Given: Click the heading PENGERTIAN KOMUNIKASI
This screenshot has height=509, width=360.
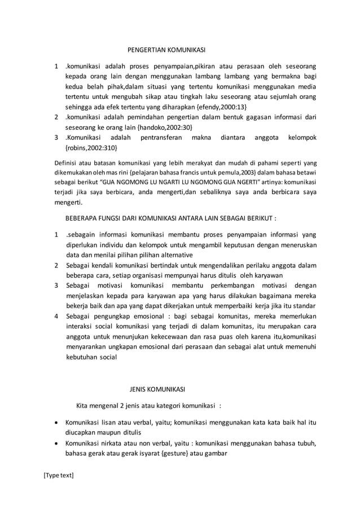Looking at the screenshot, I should [165, 51].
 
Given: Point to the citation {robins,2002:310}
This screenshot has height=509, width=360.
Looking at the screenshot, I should [92, 148].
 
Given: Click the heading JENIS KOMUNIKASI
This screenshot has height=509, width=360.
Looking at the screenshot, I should [157, 389].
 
